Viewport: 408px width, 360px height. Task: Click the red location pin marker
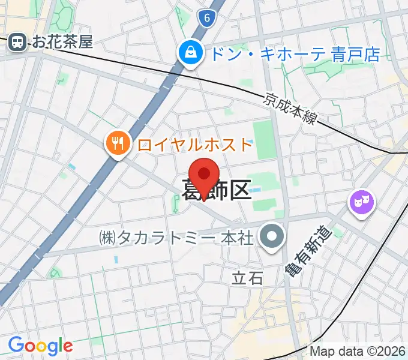205,174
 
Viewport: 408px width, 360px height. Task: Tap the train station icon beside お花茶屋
17,41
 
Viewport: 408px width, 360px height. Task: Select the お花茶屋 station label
63,42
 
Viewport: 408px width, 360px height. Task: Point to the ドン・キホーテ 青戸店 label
293,55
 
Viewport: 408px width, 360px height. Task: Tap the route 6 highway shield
206,19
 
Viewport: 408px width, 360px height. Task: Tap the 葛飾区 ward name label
216,191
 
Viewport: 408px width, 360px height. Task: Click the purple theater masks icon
362,202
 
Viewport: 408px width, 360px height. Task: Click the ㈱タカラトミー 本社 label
176,238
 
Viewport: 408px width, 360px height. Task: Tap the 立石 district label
248,278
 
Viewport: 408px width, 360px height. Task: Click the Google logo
40,345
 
